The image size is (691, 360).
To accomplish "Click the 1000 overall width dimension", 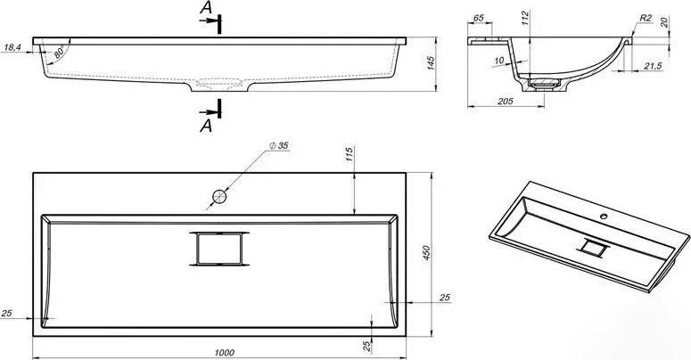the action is click(x=225, y=353).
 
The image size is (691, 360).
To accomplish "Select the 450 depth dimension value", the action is click(x=426, y=253).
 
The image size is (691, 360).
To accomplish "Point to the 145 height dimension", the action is click(x=432, y=62).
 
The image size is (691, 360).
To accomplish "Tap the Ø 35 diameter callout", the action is click(x=277, y=145).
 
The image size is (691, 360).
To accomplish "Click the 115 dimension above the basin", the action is click(x=350, y=154).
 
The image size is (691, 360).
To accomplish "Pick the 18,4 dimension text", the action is click(x=12, y=47).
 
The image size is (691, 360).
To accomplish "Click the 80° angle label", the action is click(x=60, y=52).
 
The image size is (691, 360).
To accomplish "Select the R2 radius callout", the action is click(x=646, y=18).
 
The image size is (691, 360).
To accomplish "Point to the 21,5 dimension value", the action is click(x=653, y=66).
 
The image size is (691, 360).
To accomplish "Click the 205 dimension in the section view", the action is click(x=505, y=102).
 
